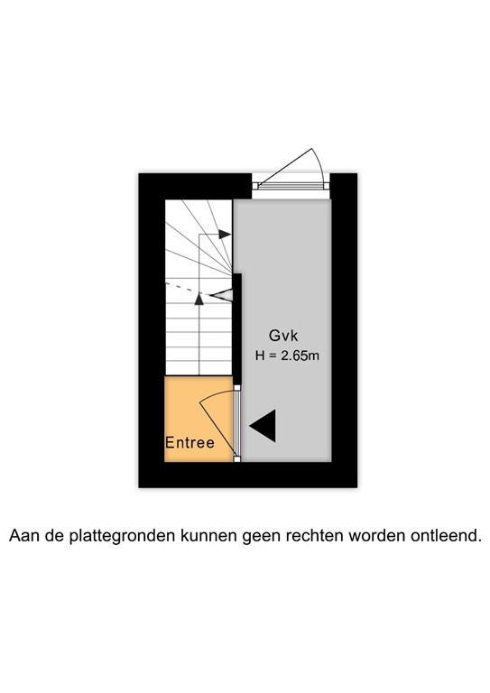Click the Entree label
190,443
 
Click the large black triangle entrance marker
263,426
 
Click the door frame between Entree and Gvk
237,423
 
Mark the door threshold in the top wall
291,185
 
